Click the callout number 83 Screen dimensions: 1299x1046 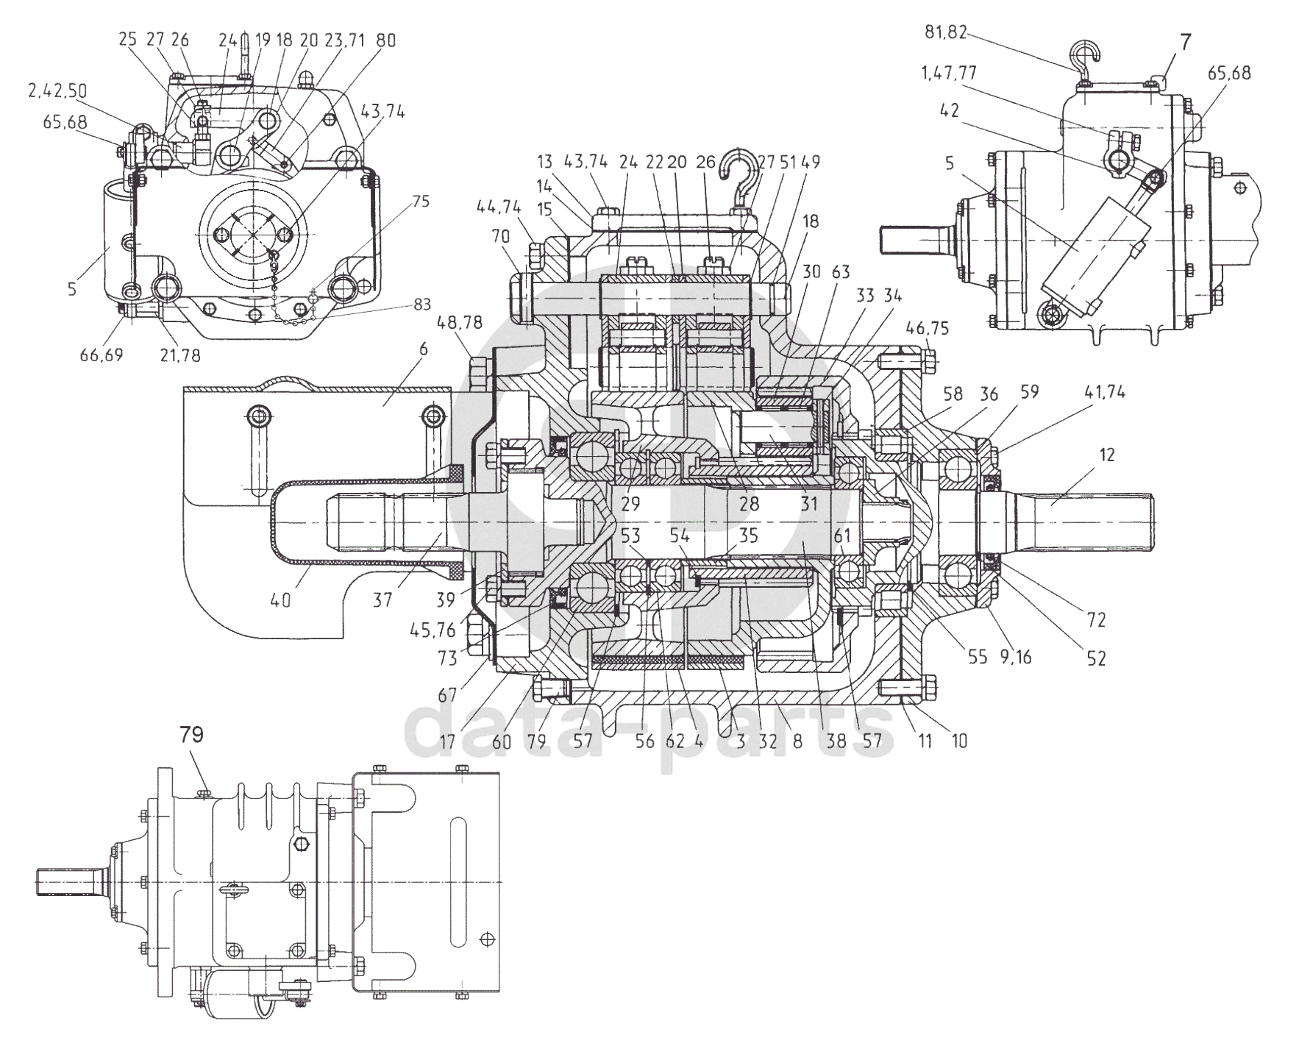coord(422,304)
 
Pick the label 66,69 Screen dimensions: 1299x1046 coord(102,355)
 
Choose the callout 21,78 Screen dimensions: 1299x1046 coord(179,355)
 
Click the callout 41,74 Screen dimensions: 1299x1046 coord(1103,393)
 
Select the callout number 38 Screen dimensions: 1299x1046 coord(836,741)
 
